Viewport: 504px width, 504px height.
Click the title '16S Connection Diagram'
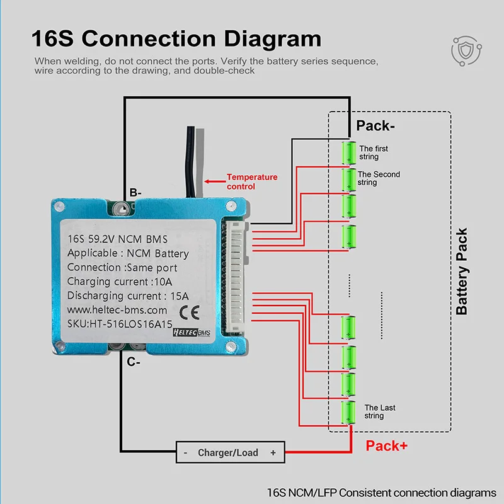point(176,38)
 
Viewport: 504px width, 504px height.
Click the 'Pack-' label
point(375,125)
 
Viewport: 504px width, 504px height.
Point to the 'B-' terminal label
point(136,192)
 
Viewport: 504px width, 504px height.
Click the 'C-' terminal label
point(133,362)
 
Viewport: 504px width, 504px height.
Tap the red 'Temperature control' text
point(252,182)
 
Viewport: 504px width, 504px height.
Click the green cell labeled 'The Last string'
point(348,413)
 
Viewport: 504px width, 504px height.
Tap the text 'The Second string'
point(378,178)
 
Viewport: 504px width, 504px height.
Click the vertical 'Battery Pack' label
point(462,272)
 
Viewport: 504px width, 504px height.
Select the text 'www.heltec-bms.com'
point(117,310)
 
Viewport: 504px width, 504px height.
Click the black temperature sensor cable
point(192,157)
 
